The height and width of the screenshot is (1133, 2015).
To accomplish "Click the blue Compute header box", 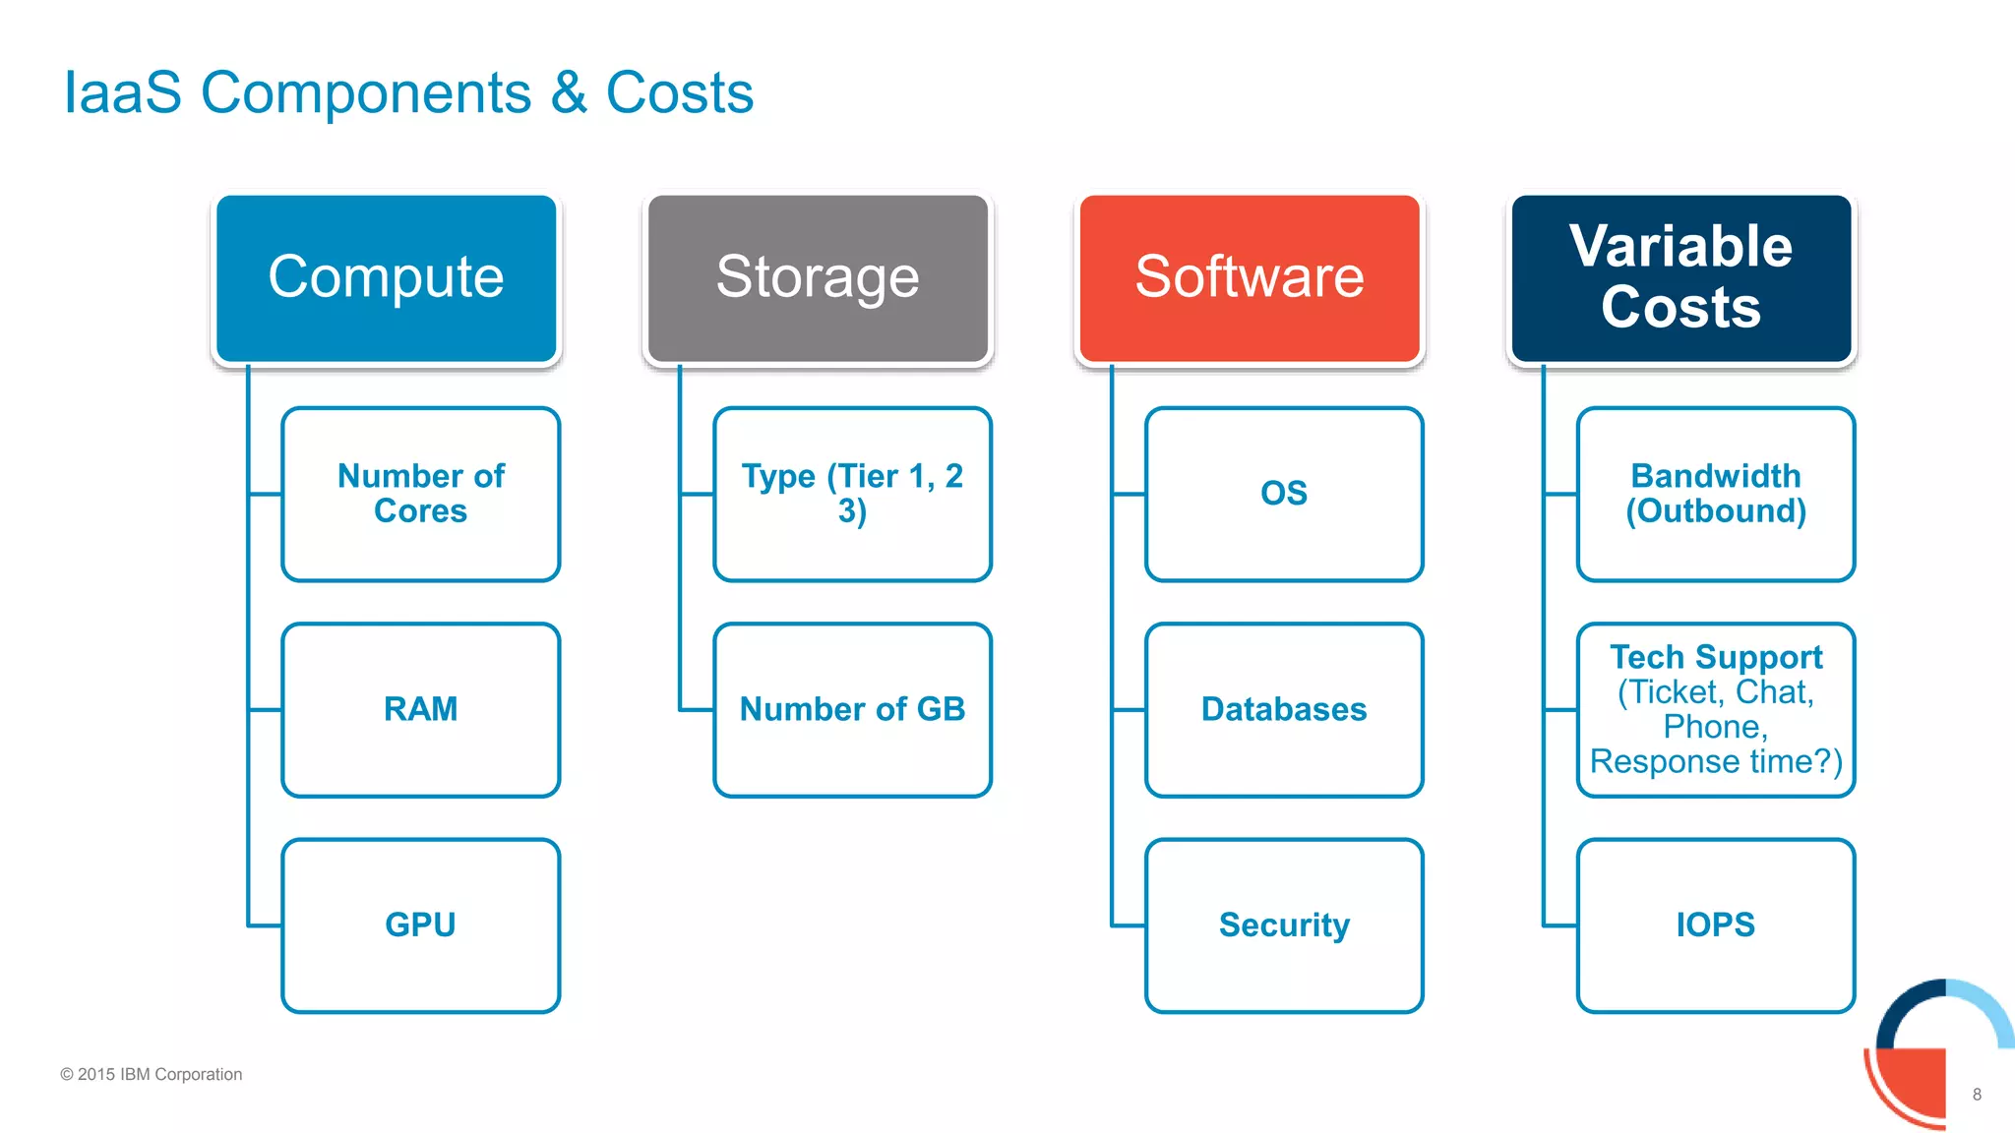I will pyautogui.click(x=386, y=277).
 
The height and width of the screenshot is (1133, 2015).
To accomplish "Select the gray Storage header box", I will pyautogui.click(x=818, y=277).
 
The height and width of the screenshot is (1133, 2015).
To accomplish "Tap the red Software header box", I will pyautogui.click(x=1250, y=277).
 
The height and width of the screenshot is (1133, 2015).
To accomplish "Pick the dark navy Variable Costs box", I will pyautogui.click(x=1680, y=277).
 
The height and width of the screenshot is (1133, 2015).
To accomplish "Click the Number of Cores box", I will pyautogui.click(x=421, y=494).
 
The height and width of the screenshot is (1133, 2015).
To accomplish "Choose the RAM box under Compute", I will pyautogui.click(x=421, y=709).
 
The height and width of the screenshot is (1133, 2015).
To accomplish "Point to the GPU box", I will pyautogui.click(x=421, y=924).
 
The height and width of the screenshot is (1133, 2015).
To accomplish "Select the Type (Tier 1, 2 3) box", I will pyautogui.click(x=852, y=494).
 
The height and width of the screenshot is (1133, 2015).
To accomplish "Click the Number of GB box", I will pyautogui.click(x=852, y=709).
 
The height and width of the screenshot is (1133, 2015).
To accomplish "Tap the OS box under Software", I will pyautogui.click(x=1284, y=494).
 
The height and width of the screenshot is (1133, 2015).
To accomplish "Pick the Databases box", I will pyautogui.click(x=1284, y=709).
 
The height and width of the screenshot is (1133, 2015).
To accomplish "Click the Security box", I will pyautogui.click(x=1284, y=924).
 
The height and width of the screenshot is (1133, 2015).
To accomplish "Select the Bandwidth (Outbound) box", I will pyautogui.click(x=1716, y=494).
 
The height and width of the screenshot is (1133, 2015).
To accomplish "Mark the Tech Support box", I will pyautogui.click(x=1716, y=709).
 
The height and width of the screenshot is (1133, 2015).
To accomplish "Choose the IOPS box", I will pyautogui.click(x=1716, y=924).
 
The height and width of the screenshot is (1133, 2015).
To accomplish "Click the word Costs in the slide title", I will pyautogui.click(x=679, y=93).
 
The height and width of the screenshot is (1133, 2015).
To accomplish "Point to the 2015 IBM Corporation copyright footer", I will pyautogui.click(x=152, y=1074).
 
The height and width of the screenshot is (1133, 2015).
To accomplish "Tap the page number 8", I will pyautogui.click(x=1977, y=1095).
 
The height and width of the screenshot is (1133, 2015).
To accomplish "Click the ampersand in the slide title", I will pyautogui.click(x=569, y=93).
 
